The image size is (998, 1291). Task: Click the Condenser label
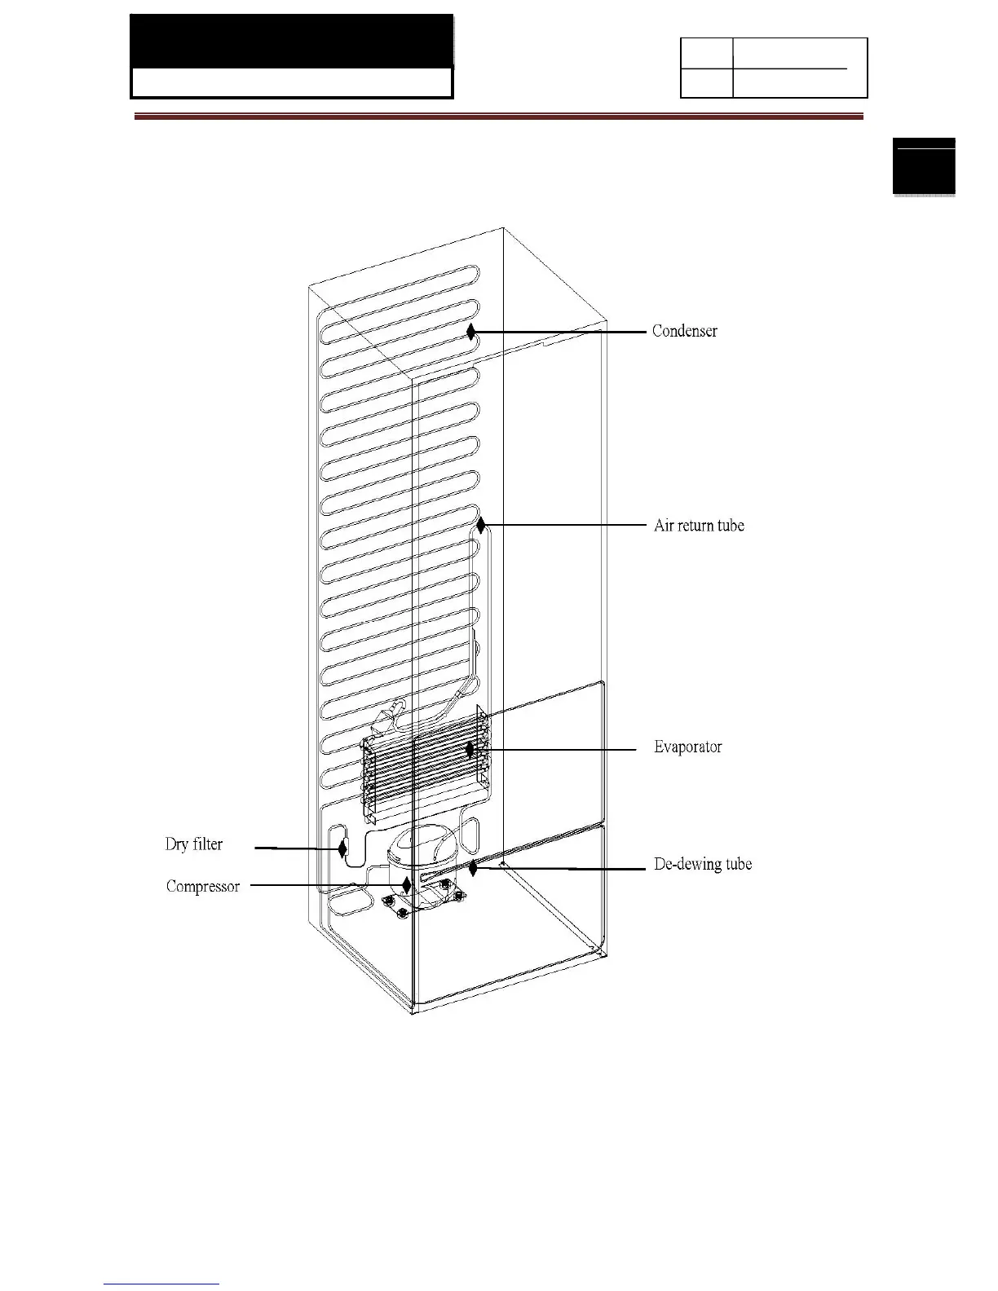coord(684,331)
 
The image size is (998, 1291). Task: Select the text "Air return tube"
coord(699,526)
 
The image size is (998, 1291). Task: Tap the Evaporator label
coord(687,747)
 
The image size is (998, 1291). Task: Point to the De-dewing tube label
coord(703,864)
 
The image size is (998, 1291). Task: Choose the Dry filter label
coord(194,844)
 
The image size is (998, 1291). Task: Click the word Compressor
coord(203,886)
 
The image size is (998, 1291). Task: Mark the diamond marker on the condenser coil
coord(470,332)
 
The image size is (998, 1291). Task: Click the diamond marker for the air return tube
coord(481,526)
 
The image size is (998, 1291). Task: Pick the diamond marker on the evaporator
coord(470,748)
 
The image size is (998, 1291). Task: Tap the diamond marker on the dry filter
coord(342,849)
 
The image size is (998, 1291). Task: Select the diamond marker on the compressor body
coord(407,885)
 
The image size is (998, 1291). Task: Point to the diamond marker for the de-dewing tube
coord(473,868)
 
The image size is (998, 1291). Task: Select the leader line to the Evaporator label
coord(554,748)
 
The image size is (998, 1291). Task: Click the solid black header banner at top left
coord(292,41)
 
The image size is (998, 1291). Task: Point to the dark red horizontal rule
coord(498,117)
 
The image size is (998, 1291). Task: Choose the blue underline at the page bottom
coord(161,1284)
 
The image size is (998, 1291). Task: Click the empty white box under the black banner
coord(292,82)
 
